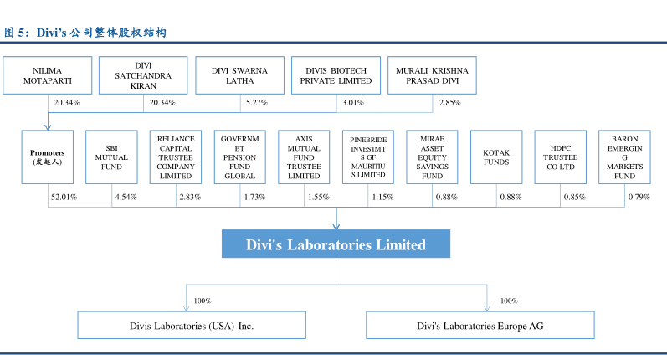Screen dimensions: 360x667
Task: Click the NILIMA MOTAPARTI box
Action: click(47, 75)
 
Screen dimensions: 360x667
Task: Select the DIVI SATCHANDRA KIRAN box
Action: click(143, 75)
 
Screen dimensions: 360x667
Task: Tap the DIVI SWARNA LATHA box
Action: click(239, 75)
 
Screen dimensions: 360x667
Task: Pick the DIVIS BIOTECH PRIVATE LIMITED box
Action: click(336, 75)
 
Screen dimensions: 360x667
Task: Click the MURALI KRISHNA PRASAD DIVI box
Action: click(433, 75)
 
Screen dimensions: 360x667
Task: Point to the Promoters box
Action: click(48, 158)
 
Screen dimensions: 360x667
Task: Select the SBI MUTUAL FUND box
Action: click(111, 158)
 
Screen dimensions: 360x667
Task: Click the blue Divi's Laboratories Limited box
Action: click(336, 244)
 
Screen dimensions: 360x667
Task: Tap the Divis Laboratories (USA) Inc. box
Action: click(191, 325)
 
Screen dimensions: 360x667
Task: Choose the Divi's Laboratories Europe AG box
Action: click(480, 325)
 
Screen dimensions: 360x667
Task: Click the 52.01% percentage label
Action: click(64, 198)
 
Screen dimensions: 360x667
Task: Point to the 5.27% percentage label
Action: click(255, 103)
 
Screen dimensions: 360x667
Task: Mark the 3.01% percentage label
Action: click(352, 103)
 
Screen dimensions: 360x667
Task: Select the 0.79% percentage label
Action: click(639, 198)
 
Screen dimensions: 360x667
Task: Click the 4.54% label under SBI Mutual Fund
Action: click(126, 198)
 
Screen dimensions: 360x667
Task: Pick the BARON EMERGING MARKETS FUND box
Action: click(624, 158)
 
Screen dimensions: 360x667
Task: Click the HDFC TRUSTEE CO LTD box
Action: click(560, 158)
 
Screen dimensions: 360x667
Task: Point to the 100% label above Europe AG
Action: click(509, 301)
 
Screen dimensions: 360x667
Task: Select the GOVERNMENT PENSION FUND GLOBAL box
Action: click(239, 158)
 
